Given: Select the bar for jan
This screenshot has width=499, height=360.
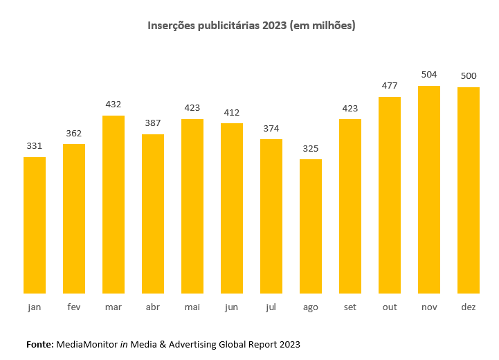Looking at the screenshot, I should [x=35, y=225].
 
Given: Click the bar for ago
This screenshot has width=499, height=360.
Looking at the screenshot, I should [x=311, y=226].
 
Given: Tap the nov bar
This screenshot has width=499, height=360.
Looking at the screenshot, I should [x=429, y=189].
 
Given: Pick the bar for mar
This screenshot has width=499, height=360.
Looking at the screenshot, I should [x=114, y=204].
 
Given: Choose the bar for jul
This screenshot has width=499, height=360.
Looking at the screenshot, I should [x=271, y=216].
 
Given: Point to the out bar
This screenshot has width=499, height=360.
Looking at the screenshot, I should [x=390, y=195].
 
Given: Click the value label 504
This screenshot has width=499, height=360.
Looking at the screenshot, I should [x=429, y=75].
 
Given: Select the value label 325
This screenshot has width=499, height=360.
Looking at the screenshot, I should [x=311, y=148].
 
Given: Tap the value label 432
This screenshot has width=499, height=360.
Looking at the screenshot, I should [x=114, y=105].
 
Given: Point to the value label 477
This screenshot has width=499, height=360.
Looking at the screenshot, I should [x=390, y=86].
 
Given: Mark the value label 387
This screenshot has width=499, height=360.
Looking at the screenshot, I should [x=153, y=123].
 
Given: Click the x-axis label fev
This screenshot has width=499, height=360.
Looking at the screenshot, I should [x=74, y=307].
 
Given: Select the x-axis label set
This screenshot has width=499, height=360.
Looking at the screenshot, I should [x=350, y=307].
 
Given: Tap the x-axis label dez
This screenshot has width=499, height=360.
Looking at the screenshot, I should [x=469, y=307].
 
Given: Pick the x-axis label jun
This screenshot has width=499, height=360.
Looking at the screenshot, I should [x=232, y=307].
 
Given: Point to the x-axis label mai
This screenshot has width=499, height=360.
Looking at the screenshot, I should [x=192, y=307].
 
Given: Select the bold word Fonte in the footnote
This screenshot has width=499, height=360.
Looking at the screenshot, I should [x=39, y=343].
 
